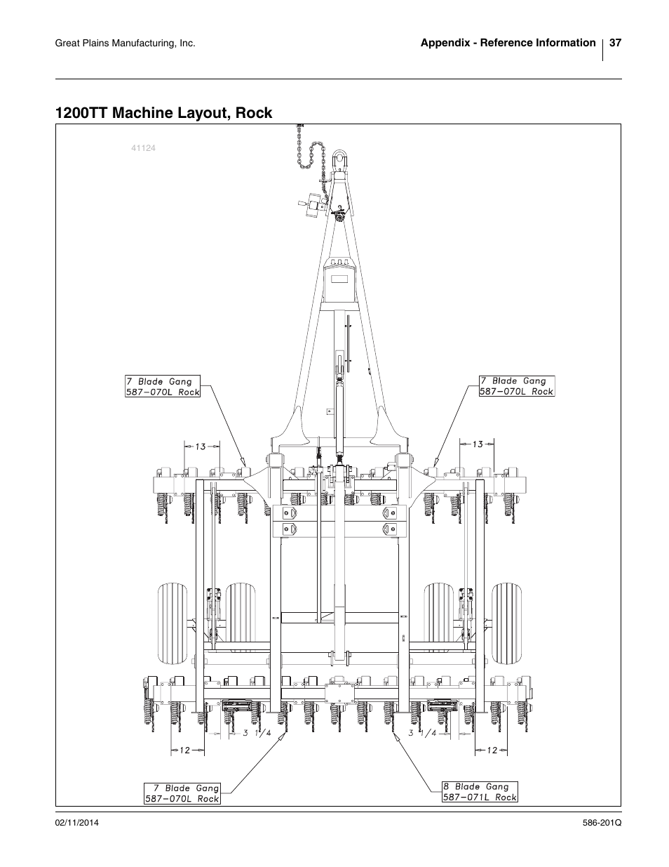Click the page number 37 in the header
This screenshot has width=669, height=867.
point(615,43)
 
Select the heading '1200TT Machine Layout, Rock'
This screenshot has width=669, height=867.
point(164,112)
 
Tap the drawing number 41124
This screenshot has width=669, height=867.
point(142,148)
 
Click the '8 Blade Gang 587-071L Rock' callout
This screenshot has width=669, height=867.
point(480,791)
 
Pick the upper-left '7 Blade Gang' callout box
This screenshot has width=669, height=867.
point(163,387)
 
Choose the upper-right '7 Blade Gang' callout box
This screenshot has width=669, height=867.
point(516,386)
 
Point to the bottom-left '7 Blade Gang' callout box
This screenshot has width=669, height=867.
point(182,793)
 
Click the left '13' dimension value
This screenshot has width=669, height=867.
point(201,446)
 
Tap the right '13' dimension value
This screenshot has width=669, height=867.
point(478,444)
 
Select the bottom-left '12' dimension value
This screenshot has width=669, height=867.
point(184,750)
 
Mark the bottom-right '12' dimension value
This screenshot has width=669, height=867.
point(492,750)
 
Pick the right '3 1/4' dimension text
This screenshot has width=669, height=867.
point(423,734)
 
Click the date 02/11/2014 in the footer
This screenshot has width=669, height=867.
point(76,823)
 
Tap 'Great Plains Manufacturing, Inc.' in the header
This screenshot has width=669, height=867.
point(124,44)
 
